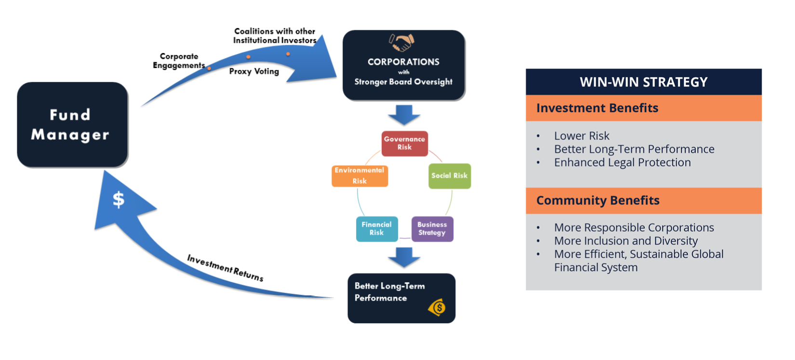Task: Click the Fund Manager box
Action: click(x=72, y=125)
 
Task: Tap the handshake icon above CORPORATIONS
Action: click(x=402, y=43)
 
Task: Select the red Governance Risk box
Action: click(x=405, y=144)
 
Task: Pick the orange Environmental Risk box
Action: click(x=359, y=176)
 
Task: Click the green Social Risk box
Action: click(x=450, y=176)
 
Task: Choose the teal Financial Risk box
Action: click(x=377, y=229)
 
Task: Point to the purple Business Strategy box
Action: click(x=432, y=229)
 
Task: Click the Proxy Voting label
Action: click(x=254, y=71)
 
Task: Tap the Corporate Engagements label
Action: click(x=179, y=61)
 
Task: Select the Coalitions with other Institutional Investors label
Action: click(x=275, y=36)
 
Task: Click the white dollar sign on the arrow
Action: click(x=119, y=199)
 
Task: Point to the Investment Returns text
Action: click(x=225, y=267)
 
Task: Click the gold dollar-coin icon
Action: click(x=437, y=307)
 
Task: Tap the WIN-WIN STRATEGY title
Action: click(x=644, y=82)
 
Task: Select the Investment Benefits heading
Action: click(x=597, y=108)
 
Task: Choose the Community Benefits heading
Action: click(x=598, y=200)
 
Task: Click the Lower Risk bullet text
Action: click(x=582, y=136)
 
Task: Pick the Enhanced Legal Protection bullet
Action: click(x=622, y=163)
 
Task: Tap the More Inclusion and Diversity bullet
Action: click(x=625, y=241)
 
